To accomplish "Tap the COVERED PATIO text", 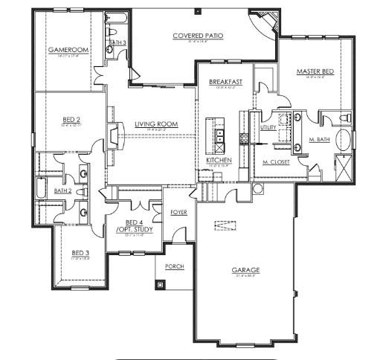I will click(x=198, y=36).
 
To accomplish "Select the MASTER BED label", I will click(x=314, y=71).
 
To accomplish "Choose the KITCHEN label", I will click(x=219, y=161).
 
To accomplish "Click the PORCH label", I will click(x=174, y=266).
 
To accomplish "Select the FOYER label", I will click(x=178, y=212).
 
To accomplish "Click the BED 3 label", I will click(x=80, y=253).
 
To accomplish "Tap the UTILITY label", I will click(x=268, y=128).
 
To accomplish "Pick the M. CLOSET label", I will click(x=276, y=161).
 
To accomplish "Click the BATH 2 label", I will click(x=62, y=191).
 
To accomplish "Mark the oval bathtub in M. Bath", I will click(x=344, y=140).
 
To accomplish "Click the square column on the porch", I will click(x=160, y=284).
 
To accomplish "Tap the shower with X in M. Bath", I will click(x=344, y=166).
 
